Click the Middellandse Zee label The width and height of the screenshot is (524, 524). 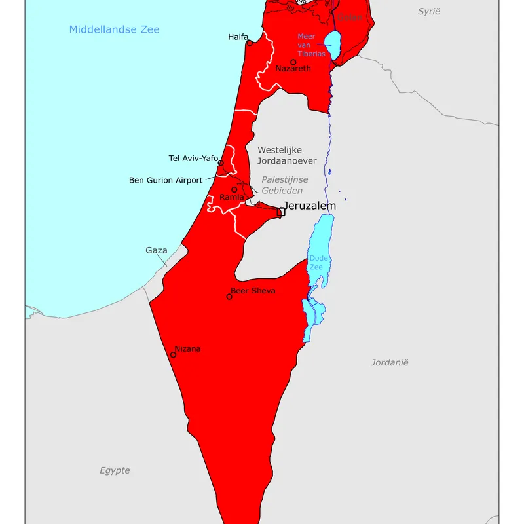pos(114,29)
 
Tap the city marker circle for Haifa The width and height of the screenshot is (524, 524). pos(249,43)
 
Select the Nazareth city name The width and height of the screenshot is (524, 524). pos(293,68)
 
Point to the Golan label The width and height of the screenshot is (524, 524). pos(350,17)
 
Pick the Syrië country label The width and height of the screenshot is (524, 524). pos(430,11)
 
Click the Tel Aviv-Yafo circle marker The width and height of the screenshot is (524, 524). pos(221,163)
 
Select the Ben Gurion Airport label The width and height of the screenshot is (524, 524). pos(166,180)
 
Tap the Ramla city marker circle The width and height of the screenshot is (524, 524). pos(234,190)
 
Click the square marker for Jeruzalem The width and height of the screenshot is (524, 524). pos(281,212)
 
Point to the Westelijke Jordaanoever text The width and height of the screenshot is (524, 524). pos(287,155)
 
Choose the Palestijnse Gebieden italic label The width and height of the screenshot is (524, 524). pos(284,185)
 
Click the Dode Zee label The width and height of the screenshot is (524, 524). pos(318,263)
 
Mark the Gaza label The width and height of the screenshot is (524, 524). pos(157,250)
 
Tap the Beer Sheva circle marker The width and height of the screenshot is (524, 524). pos(229,297)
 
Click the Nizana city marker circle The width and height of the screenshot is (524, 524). pos(174,355)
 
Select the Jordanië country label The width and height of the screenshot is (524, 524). pos(389,362)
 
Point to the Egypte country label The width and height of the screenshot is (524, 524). pos(115,470)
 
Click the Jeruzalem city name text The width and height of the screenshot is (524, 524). pos(309,206)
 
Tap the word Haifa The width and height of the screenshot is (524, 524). pos(238,37)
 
